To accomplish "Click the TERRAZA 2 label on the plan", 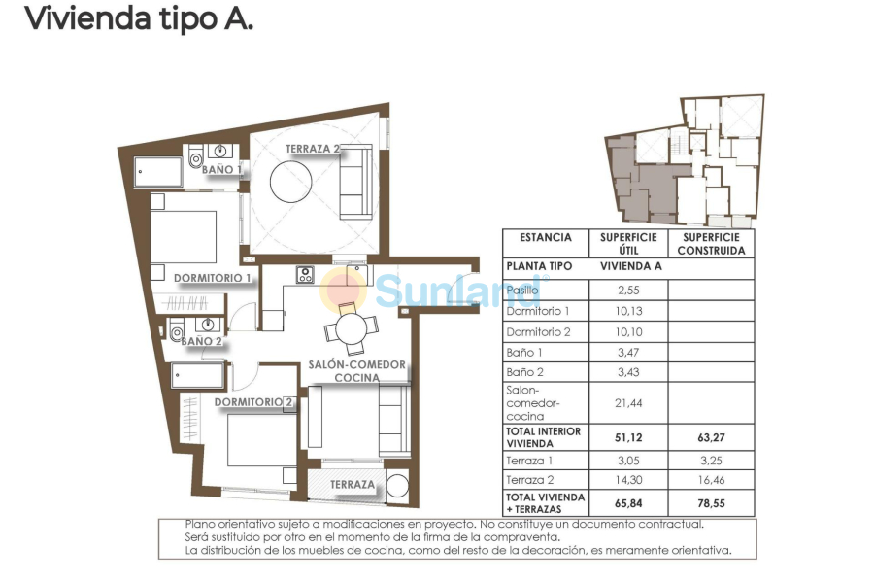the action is point(313,149).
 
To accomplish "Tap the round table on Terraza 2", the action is point(291,182).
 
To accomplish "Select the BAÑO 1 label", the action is point(221,169).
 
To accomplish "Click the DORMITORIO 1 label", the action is point(213,278).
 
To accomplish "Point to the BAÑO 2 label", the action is point(201,341).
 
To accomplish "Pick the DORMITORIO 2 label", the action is point(253,402).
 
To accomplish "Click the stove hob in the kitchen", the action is point(305,274).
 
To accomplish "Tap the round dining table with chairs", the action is point(352,328).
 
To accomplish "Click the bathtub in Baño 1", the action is point(157,172).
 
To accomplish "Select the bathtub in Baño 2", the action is point(198,375).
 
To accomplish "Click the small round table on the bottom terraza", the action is point(397,486).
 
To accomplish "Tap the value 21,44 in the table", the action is point(628,403).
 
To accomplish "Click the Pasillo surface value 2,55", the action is point(628,291).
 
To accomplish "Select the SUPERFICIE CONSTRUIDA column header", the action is point(711,244).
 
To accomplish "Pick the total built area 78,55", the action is point(711,503).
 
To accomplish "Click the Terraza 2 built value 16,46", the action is point(711,480).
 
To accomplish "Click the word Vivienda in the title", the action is point(88,18).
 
